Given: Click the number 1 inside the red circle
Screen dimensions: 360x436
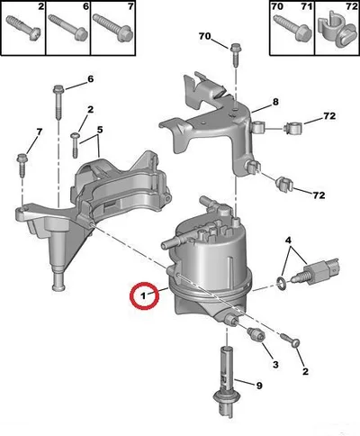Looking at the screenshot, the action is click(143, 295).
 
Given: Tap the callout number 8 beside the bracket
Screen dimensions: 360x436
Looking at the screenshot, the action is click(275, 102).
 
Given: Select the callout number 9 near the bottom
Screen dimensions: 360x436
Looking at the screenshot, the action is click(259, 386).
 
